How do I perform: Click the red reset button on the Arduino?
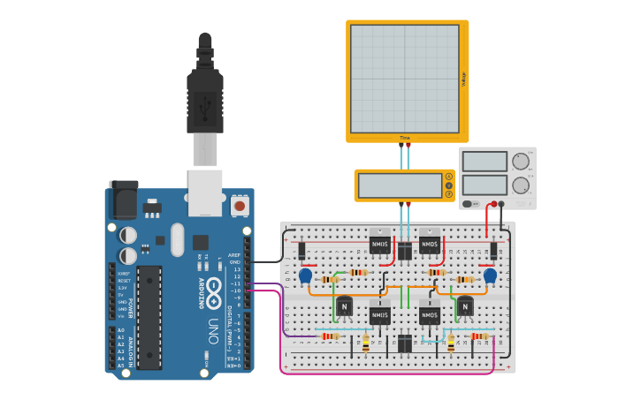[239, 206]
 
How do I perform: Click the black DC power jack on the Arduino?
[123, 199]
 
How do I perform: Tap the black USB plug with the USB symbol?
[205, 102]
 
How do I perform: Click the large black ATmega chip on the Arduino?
[149, 317]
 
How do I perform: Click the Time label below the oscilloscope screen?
[405, 138]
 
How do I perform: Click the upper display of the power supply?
[485, 162]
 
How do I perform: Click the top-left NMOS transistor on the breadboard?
[380, 242]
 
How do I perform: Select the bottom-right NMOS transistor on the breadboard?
[430, 314]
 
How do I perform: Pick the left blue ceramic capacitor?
[306, 276]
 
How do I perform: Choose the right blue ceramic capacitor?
[490, 276]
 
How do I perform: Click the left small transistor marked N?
[343, 306]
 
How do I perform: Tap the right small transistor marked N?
[464, 306]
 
